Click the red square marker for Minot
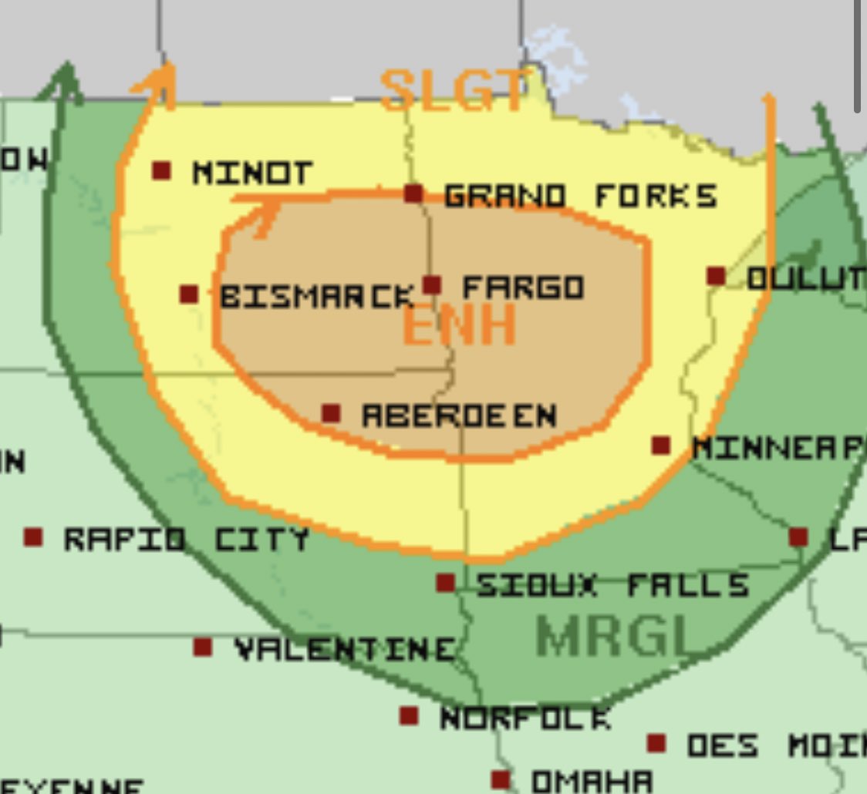(x=161, y=170)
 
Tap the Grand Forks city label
(x=581, y=196)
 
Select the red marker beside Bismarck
(x=189, y=294)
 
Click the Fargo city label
(x=523, y=288)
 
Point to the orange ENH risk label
(x=459, y=326)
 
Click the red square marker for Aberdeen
(x=331, y=414)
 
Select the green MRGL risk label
(x=612, y=636)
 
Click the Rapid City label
(x=186, y=538)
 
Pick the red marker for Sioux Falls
(x=445, y=583)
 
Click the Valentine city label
(x=343, y=648)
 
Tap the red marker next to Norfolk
(x=409, y=716)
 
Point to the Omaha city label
(x=592, y=781)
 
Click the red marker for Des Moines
(x=656, y=744)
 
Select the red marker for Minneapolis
(x=661, y=446)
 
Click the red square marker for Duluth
(x=716, y=276)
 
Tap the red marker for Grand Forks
(x=414, y=193)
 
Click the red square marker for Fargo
(x=432, y=285)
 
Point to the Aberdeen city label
(x=459, y=416)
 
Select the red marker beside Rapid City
(x=33, y=537)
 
